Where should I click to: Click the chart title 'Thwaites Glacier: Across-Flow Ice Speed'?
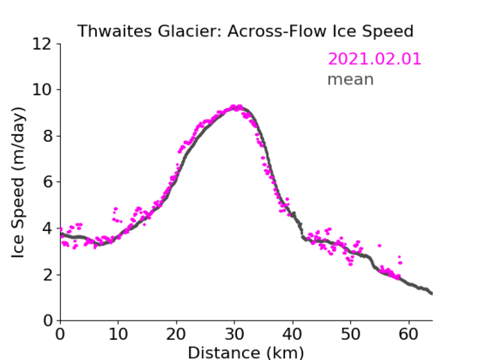click(x=245, y=31)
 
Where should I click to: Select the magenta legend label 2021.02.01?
click(x=375, y=59)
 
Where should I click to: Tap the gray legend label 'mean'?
click(x=351, y=79)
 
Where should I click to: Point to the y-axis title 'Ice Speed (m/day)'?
click(x=18, y=183)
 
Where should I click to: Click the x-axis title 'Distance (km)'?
click(x=245, y=352)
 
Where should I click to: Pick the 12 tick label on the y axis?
click(x=42, y=45)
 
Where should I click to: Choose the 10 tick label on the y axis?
click(x=42, y=90)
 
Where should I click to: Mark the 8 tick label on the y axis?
click(x=47, y=136)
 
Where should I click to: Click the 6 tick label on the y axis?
click(x=47, y=182)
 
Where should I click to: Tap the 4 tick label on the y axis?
click(x=47, y=228)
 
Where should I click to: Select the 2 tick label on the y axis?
click(x=47, y=275)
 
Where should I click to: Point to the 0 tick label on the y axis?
click(x=47, y=321)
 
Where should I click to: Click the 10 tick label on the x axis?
click(x=118, y=334)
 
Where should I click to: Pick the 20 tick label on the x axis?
click(x=176, y=334)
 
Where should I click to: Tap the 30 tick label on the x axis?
click(x=235, y=334)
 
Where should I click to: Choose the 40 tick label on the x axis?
click(x=293, y=334)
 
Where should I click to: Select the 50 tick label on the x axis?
click(x=351, y=334)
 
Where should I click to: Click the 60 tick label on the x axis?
click(x=409, y=334)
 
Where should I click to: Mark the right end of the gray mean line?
click(x=432, y=293)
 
